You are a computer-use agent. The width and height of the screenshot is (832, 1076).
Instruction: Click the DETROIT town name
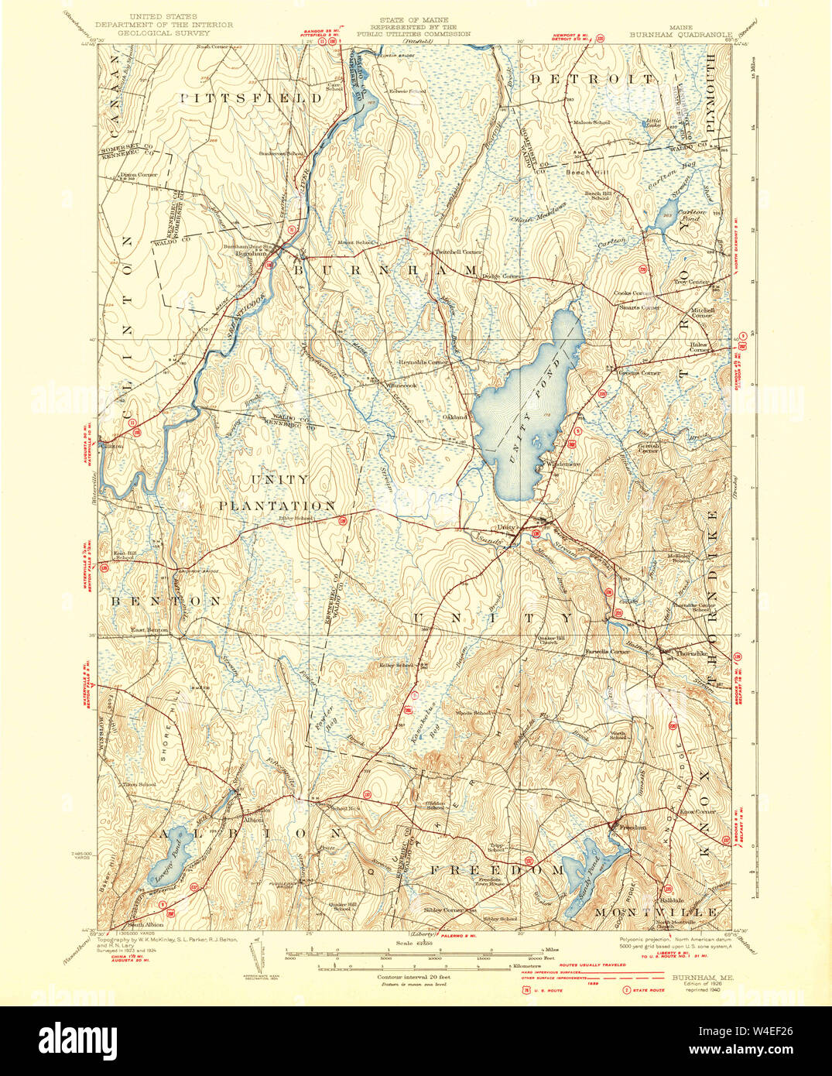[592, 80]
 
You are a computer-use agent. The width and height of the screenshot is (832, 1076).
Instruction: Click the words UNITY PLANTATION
[276, 492]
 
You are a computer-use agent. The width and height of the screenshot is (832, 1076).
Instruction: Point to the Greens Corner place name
[639, 373]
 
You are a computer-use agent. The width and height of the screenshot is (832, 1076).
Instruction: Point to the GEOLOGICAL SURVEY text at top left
[169, 34]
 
